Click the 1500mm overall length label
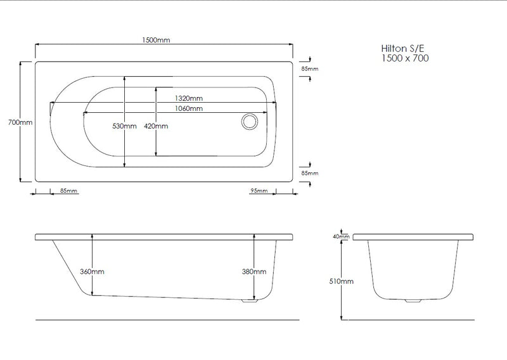pyautogui.click(x=156, y=40)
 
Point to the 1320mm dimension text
pyautogui.click(x=189, y=98)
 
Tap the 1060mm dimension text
pyautogui.click(x=189, y=108)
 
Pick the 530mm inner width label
pyautogui.click(x=124, y=126)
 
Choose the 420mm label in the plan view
pyautogui.click(x=156, y=126)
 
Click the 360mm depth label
pyautogui.click(x=93, y=271)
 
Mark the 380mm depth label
pyautogui.click(x=254, y=271)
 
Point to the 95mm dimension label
pyautogui.click(x=259, y=191)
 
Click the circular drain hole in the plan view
pyautogui.click(x=248, y=121)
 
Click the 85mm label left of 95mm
pyautogui.click(x=68, y=191)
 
